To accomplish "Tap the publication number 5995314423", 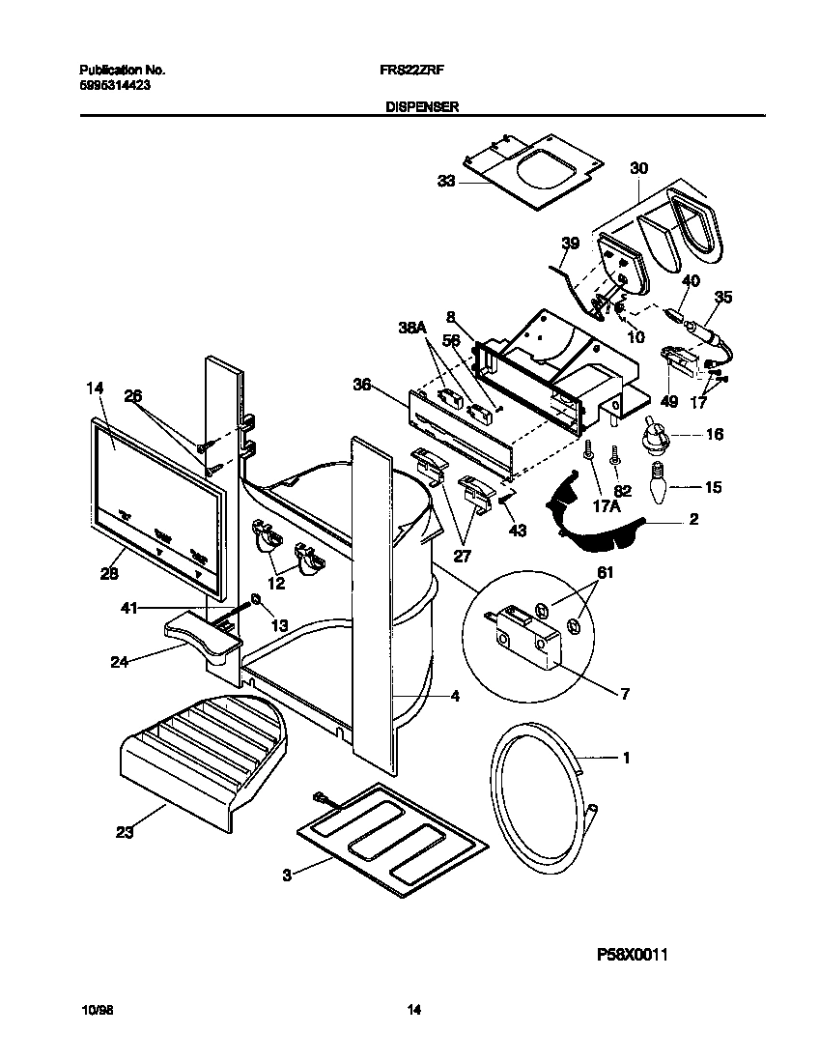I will click(x=113, y=85).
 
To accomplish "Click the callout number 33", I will click(x=445, y=182).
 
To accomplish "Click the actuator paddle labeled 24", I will click(x=201, y=638).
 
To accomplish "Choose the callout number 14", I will click(x=93, y=388).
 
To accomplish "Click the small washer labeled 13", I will click(x=255, y=600).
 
